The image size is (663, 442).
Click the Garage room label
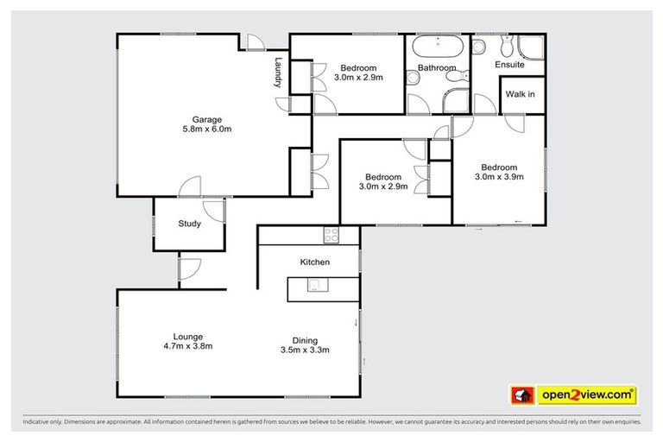[207, 119]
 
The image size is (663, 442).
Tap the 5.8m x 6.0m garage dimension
[207, 129]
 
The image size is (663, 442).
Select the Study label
[190, 224]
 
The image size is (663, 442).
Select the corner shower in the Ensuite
[528, 47]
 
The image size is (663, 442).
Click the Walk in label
[520, 94]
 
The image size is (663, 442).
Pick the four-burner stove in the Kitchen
[331, 234]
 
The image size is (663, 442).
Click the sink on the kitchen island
[315, 287]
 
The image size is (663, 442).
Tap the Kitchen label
[315, 262]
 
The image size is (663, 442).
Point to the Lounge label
[187, 337]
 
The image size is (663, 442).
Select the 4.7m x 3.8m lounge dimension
[187, 347]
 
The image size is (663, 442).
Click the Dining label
[305, 339]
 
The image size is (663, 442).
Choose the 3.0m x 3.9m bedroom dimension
[499, 178]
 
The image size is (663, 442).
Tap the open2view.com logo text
[586, 395]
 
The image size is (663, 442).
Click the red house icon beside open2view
[521, 395]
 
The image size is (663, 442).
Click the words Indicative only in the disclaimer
[43, 422]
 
